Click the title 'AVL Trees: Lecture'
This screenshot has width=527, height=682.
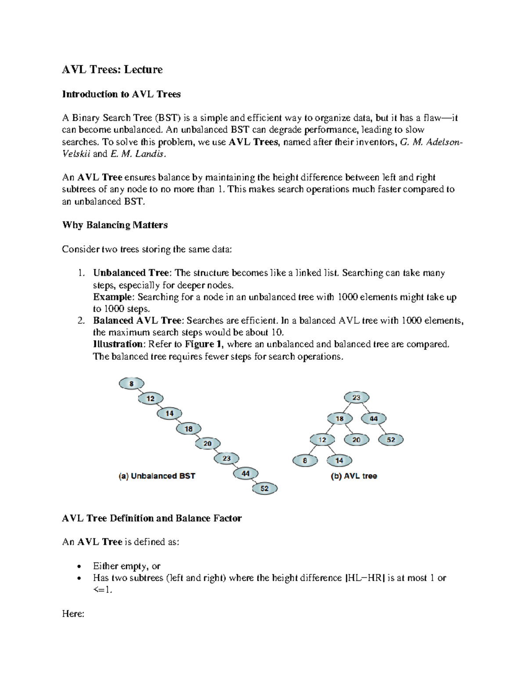tap(112, 69)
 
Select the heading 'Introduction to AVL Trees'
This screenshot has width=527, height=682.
tap(121, 94)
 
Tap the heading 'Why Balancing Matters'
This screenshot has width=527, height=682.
tap(115, 225)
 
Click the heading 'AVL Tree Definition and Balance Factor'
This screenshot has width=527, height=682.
tap(152, 518)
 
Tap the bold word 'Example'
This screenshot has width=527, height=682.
tap(112, 297)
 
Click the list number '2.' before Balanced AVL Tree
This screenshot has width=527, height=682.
tap(81, 321)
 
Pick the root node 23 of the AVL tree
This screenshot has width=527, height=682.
tap(356, 398)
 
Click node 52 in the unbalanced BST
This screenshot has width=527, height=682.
tap(264, 488)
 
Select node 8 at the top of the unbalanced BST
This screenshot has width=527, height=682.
tap(131, 384)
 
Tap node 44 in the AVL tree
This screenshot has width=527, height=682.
tap(373, 419)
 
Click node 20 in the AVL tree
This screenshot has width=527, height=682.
tap(356, 440)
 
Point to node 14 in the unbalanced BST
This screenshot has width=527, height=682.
tap(170, 413)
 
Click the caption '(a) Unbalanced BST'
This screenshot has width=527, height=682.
tap(157, 476)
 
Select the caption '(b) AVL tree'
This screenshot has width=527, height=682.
tap(354, 476)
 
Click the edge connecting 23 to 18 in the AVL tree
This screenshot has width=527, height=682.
tap(348, 408)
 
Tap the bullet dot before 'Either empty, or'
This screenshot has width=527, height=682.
tap(78, 567)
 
